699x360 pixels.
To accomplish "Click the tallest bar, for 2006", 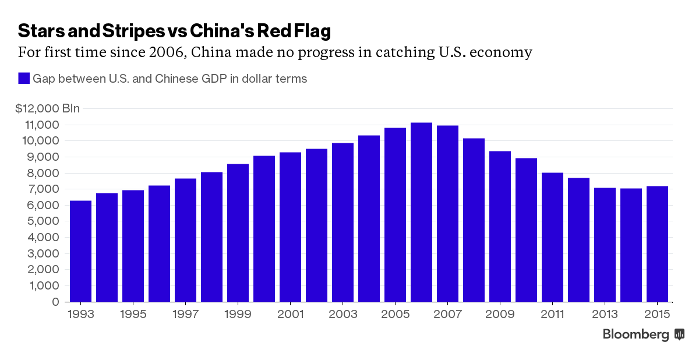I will pos(421,212).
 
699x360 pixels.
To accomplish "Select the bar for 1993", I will pos(80,251).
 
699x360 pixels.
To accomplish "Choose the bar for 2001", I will pos(290,227).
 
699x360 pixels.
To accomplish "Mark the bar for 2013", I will pos(605,245).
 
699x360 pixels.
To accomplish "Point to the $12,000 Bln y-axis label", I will pos(48,108).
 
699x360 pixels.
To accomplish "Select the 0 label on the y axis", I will pos(55,302).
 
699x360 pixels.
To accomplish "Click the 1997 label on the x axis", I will pos(185,315).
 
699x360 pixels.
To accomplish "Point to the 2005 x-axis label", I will pos(395,315).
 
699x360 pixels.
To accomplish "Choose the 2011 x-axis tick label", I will pos(552,315).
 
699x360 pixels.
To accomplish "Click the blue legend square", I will pos(23,79).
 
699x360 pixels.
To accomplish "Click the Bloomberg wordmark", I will pos(636,334).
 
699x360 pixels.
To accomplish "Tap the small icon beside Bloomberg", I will pos(679,334).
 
